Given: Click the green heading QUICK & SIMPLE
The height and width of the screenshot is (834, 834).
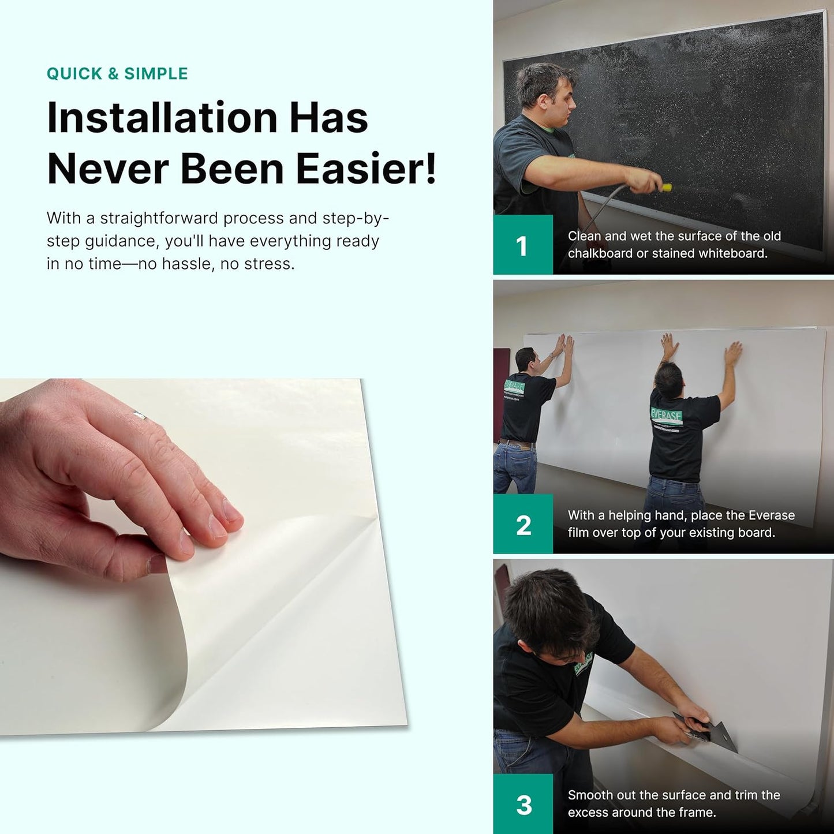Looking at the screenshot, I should pos(117,74).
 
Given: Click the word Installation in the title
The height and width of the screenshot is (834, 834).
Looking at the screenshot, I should pos(162,118).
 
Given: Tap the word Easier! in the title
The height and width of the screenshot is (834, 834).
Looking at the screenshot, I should pos(366,169).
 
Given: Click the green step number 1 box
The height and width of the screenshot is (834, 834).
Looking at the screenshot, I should pos(522,245).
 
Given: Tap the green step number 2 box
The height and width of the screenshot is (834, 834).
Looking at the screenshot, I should pos(522,525).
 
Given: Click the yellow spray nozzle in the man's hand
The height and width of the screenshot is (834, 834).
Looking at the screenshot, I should pos(666,187).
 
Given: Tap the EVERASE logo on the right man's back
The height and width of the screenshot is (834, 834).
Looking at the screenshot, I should pos(667,415).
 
